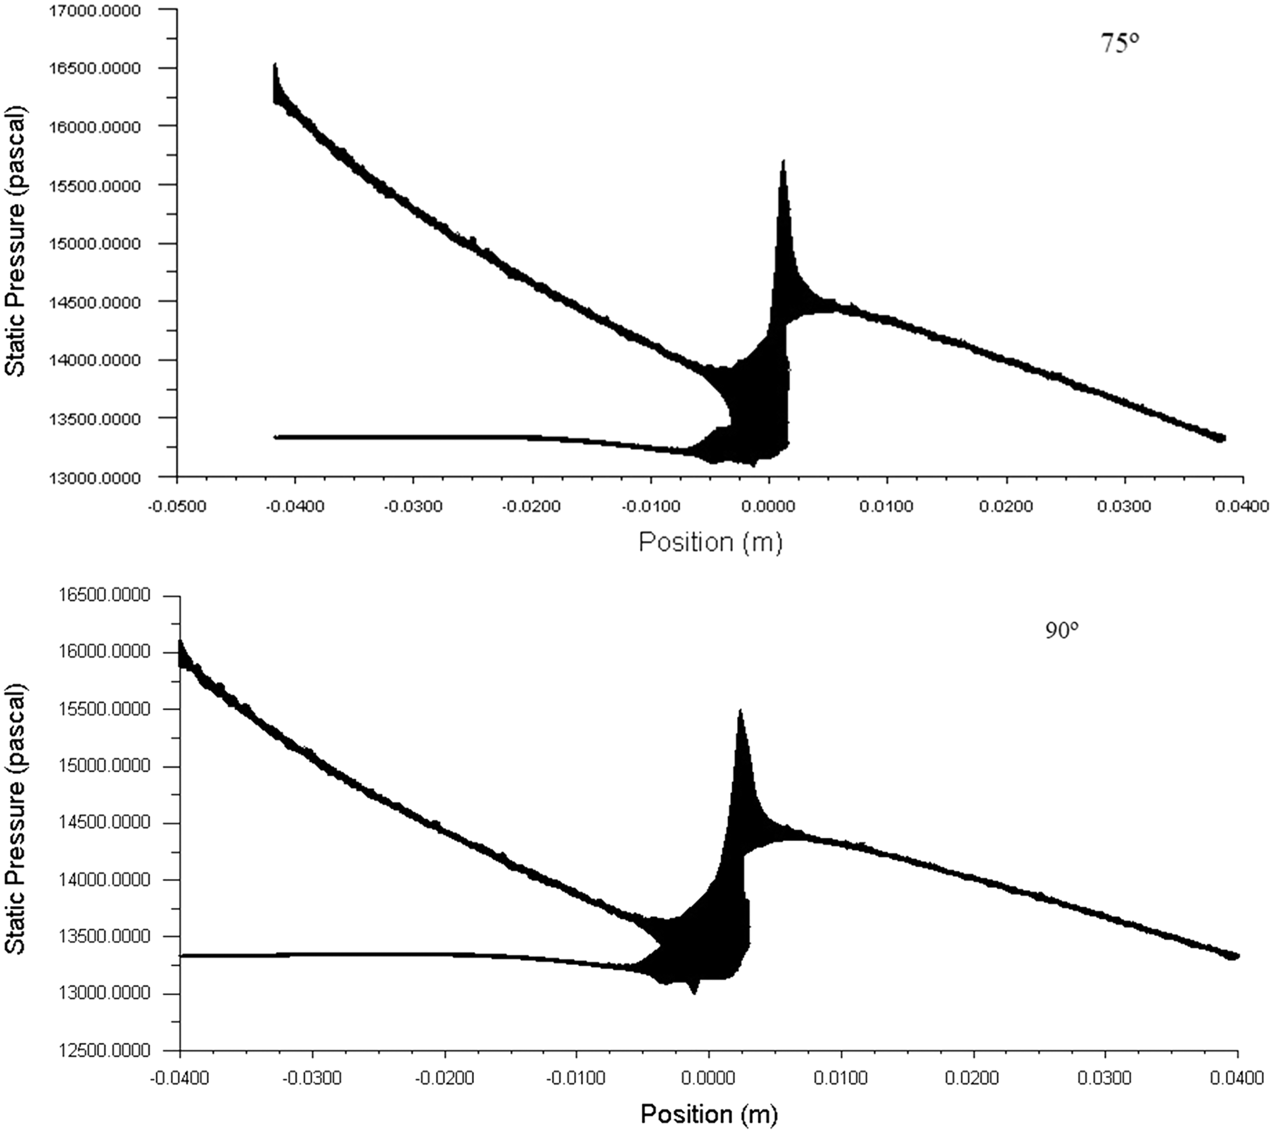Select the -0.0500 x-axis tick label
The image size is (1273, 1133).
pos(177,506)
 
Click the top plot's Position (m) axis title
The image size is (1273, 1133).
pos(710,543)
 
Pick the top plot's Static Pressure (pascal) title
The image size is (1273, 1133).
pos(16,243)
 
